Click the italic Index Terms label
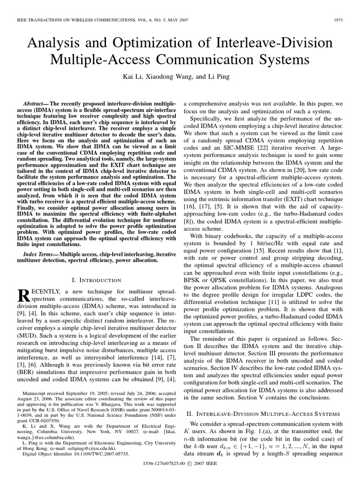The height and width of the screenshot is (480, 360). pyautogui.click(x=38, y=254)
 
